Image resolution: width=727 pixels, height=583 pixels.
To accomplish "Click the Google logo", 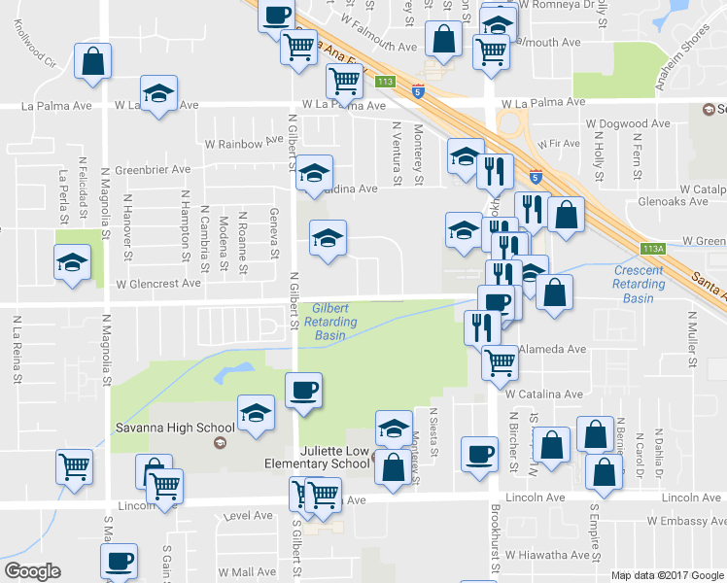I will pos(32,571).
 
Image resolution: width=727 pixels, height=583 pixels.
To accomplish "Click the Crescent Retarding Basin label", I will pos(639,284).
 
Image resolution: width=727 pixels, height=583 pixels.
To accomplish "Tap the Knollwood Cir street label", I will pos(37,62).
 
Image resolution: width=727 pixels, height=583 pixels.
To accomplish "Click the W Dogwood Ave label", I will pos(626,124).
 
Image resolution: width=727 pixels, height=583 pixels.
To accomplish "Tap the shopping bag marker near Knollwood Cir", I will pos(93,62).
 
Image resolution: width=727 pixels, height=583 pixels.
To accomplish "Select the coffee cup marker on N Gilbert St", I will pos(302,391).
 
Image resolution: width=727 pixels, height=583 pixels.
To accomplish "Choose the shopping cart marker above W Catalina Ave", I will pos(500,362).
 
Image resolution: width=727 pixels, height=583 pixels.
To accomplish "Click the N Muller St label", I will pos(693,340).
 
